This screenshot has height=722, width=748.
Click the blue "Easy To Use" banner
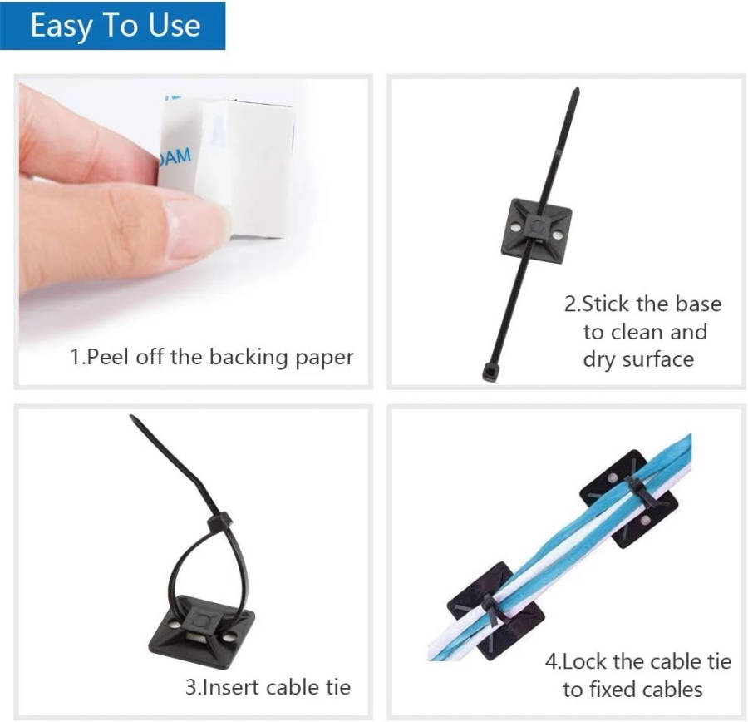[112, 26]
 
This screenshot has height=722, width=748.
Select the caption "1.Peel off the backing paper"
[212, 357]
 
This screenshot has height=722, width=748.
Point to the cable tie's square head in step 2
[491, 372]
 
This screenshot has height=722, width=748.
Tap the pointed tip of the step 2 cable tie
[578, 89]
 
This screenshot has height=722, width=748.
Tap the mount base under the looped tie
[202, 631]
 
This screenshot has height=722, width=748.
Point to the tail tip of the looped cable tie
[132, 417]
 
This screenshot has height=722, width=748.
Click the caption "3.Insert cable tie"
[268, 688]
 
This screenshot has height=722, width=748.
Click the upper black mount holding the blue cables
[629, 499]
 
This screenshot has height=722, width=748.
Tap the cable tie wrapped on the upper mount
[639, 494]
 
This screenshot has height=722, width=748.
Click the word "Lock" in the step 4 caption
[585, 662]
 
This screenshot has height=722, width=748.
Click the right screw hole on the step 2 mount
[556, 235]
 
